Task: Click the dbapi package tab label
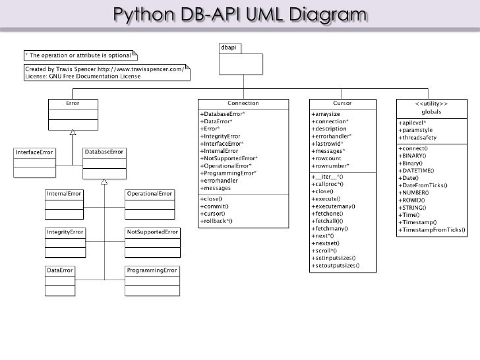click(229, 47)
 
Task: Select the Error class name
click(73, 103)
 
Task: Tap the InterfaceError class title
click(34, 152)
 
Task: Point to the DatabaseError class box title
click(104, 152)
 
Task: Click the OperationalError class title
click(150, 194)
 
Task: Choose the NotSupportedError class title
click(152, 232)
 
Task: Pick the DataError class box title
click(60, 270)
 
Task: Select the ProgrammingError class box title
click(152, 270)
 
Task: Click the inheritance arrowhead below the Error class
click(73, 133)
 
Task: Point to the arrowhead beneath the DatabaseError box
click(104, 182)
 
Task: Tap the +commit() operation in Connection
click(214, 206)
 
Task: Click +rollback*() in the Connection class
click(216, 221)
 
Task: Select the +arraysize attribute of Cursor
click(326, 114)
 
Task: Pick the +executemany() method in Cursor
click(334, 206)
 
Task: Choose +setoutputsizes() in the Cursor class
click(336, 266)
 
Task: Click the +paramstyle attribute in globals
click(415, 130)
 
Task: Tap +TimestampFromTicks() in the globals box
click(432, 230)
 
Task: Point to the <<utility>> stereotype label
click(431, 104)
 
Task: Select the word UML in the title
click(265, 15)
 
